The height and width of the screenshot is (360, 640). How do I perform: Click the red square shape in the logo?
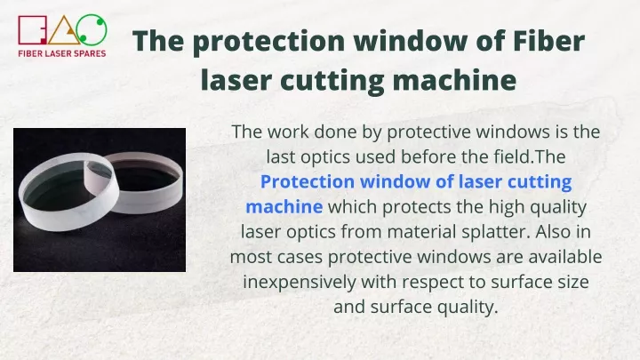click(x=20, y=30)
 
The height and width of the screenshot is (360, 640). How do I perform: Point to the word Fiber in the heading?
click(x=549, y=41)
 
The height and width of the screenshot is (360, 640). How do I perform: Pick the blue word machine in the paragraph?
click(x=284, y=206)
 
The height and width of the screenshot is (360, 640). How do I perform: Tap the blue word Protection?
click(x=308, y=181)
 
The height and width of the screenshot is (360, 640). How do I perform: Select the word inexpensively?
click(x=300, y=283)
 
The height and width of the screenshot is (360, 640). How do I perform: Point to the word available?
click(x=565, y=257)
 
